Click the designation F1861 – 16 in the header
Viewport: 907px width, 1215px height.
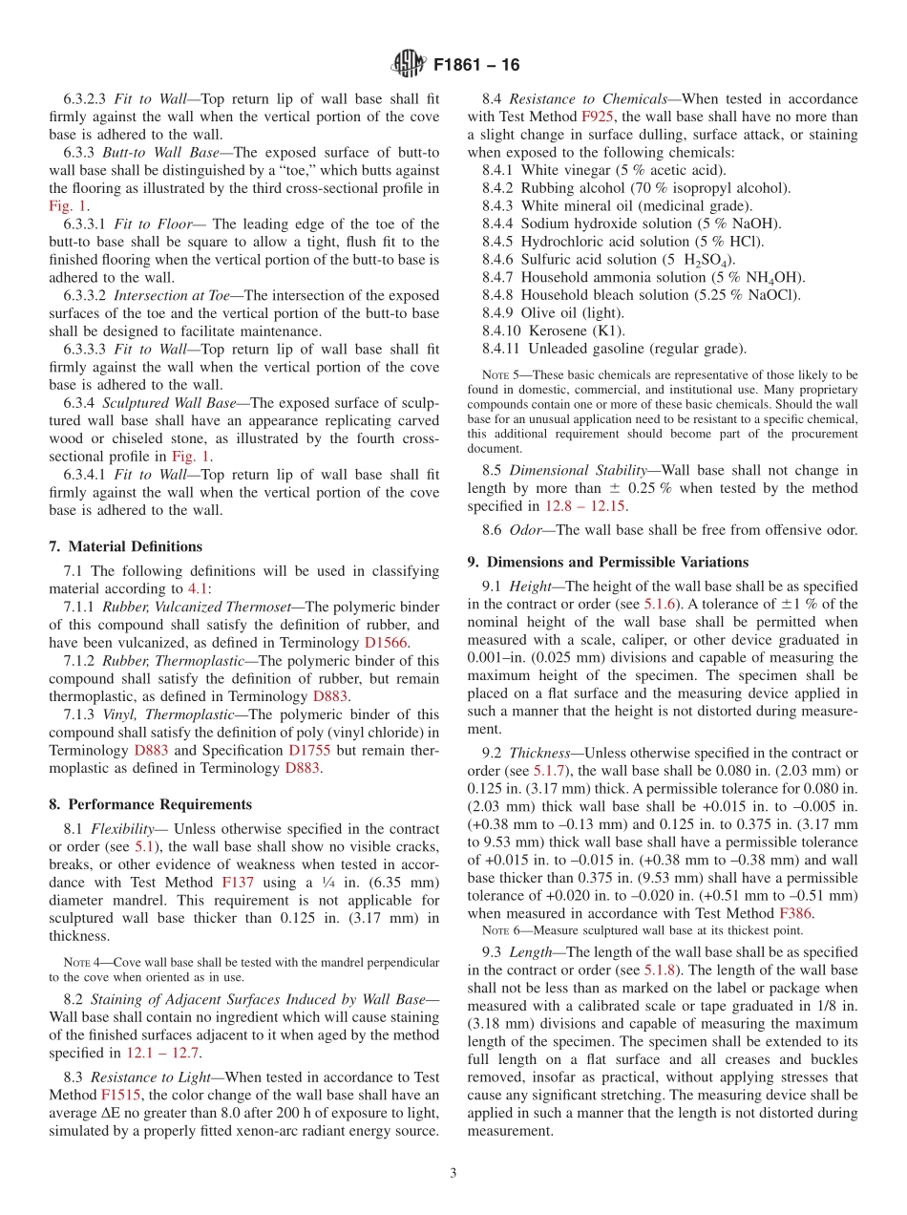(476, 66)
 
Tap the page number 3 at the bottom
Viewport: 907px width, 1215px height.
(453, 1173)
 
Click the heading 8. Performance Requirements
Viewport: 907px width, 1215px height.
(151, 804)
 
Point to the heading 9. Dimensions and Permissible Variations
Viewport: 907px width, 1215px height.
(607, 562)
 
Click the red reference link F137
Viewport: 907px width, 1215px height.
(237, 883)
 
